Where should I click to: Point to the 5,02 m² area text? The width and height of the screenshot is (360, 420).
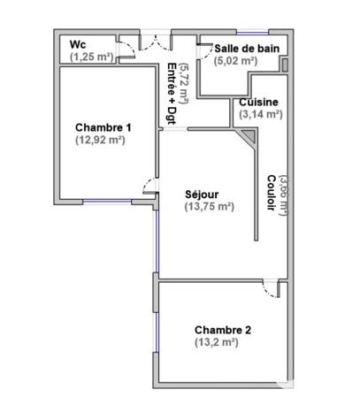[235, 61]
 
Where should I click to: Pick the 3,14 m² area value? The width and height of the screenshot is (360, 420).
[260, 114]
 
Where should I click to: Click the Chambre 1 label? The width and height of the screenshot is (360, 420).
[103, 127]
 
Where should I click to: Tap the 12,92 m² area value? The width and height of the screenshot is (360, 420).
[100, 141]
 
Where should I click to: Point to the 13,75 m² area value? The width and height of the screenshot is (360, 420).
[209, 207]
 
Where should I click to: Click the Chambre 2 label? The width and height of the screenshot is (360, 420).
[223, 330]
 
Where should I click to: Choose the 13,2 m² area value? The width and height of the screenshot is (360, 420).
[217, 342]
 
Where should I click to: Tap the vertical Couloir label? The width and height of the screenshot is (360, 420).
[269, 191]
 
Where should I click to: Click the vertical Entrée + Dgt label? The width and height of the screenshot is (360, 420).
[172, 92]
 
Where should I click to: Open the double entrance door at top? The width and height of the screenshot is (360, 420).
[156, 42]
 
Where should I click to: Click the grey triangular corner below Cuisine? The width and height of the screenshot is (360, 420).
[249, 134]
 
